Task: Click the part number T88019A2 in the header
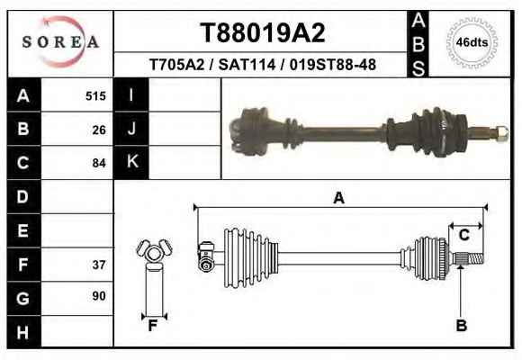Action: pyautogui.click(x=262, y=33)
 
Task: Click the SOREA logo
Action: pyautogui.click(x=60, y=42)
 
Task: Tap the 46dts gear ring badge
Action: pyautogui.click(x=472, y=42)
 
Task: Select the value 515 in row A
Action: pyautogui.click(x=95, y=96)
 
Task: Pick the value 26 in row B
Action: pyautogui.click(x=99, y=130)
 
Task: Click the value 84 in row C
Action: pyautogui.click(x=99, y=163)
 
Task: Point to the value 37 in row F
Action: pyautogui.click(x=99, y=265)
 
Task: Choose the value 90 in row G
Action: pyautogui.click(x=99, y=296)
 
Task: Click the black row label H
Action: pyautogui.click(x=23, y=332)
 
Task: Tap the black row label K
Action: pyautogui.click(x=131, y=162)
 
